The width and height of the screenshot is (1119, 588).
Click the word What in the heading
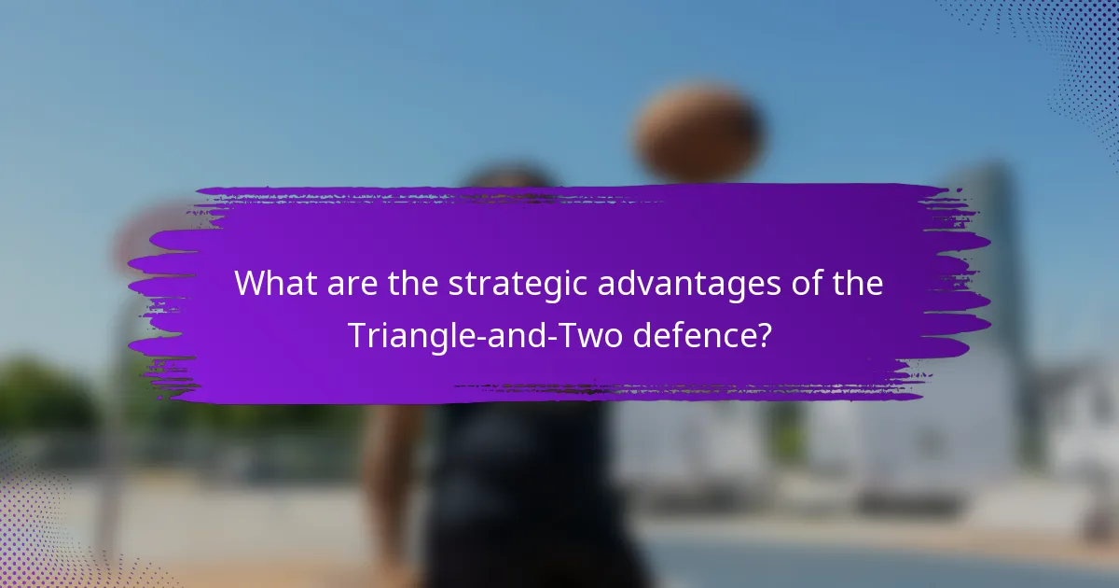(274, 284)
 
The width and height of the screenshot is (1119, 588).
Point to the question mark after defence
(764, 334)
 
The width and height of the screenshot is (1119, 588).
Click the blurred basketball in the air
(698, 131)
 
